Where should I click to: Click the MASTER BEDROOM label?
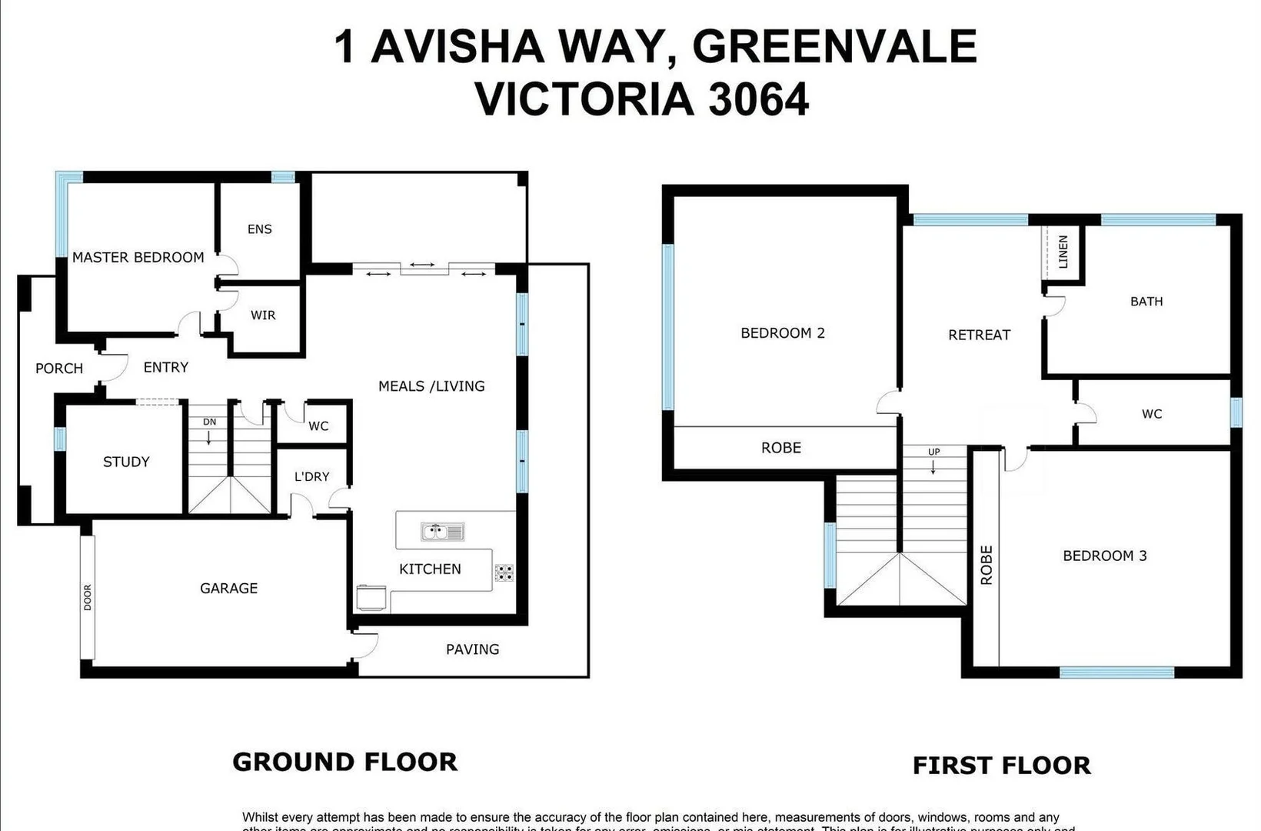(138, 257)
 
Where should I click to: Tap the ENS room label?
(260, 229)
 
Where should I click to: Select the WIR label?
(263, 315)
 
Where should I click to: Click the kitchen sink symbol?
(442, 532)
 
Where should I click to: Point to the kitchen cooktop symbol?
(504, 572)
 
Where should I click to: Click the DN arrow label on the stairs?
(209, 422)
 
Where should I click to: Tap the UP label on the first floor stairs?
(933, 452)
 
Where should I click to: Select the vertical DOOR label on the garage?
(88, 597)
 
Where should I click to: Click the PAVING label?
(472, 649)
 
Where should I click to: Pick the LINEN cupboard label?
(1063, 252)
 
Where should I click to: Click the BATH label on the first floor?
(1146, 301)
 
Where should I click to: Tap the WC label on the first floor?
(1151, 414)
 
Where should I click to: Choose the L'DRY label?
(311, 476)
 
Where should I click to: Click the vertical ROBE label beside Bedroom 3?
(987, 566)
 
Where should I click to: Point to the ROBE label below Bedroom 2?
(780, 448)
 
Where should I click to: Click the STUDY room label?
(126, 462)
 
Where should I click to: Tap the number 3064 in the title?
(758, 100)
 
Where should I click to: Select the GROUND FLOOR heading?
(344, 762)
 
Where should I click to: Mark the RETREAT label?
(979, 335)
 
